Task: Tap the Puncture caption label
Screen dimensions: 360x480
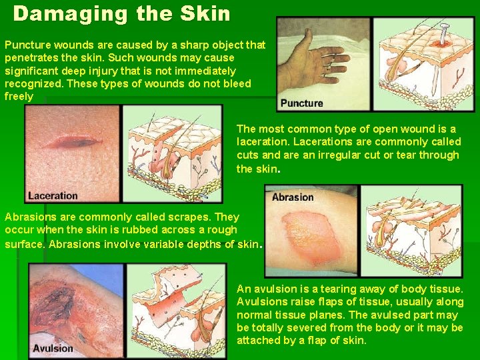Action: pos(301,103)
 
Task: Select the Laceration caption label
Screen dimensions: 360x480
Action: pos(53,195)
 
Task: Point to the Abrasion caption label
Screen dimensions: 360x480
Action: pos(292,197)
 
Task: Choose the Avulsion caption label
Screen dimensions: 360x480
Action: pos(53,348)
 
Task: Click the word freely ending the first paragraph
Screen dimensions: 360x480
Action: pos(19,97)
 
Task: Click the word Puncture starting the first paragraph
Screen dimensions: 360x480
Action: pos(25,45)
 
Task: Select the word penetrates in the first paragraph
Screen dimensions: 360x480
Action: pos(31,58)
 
